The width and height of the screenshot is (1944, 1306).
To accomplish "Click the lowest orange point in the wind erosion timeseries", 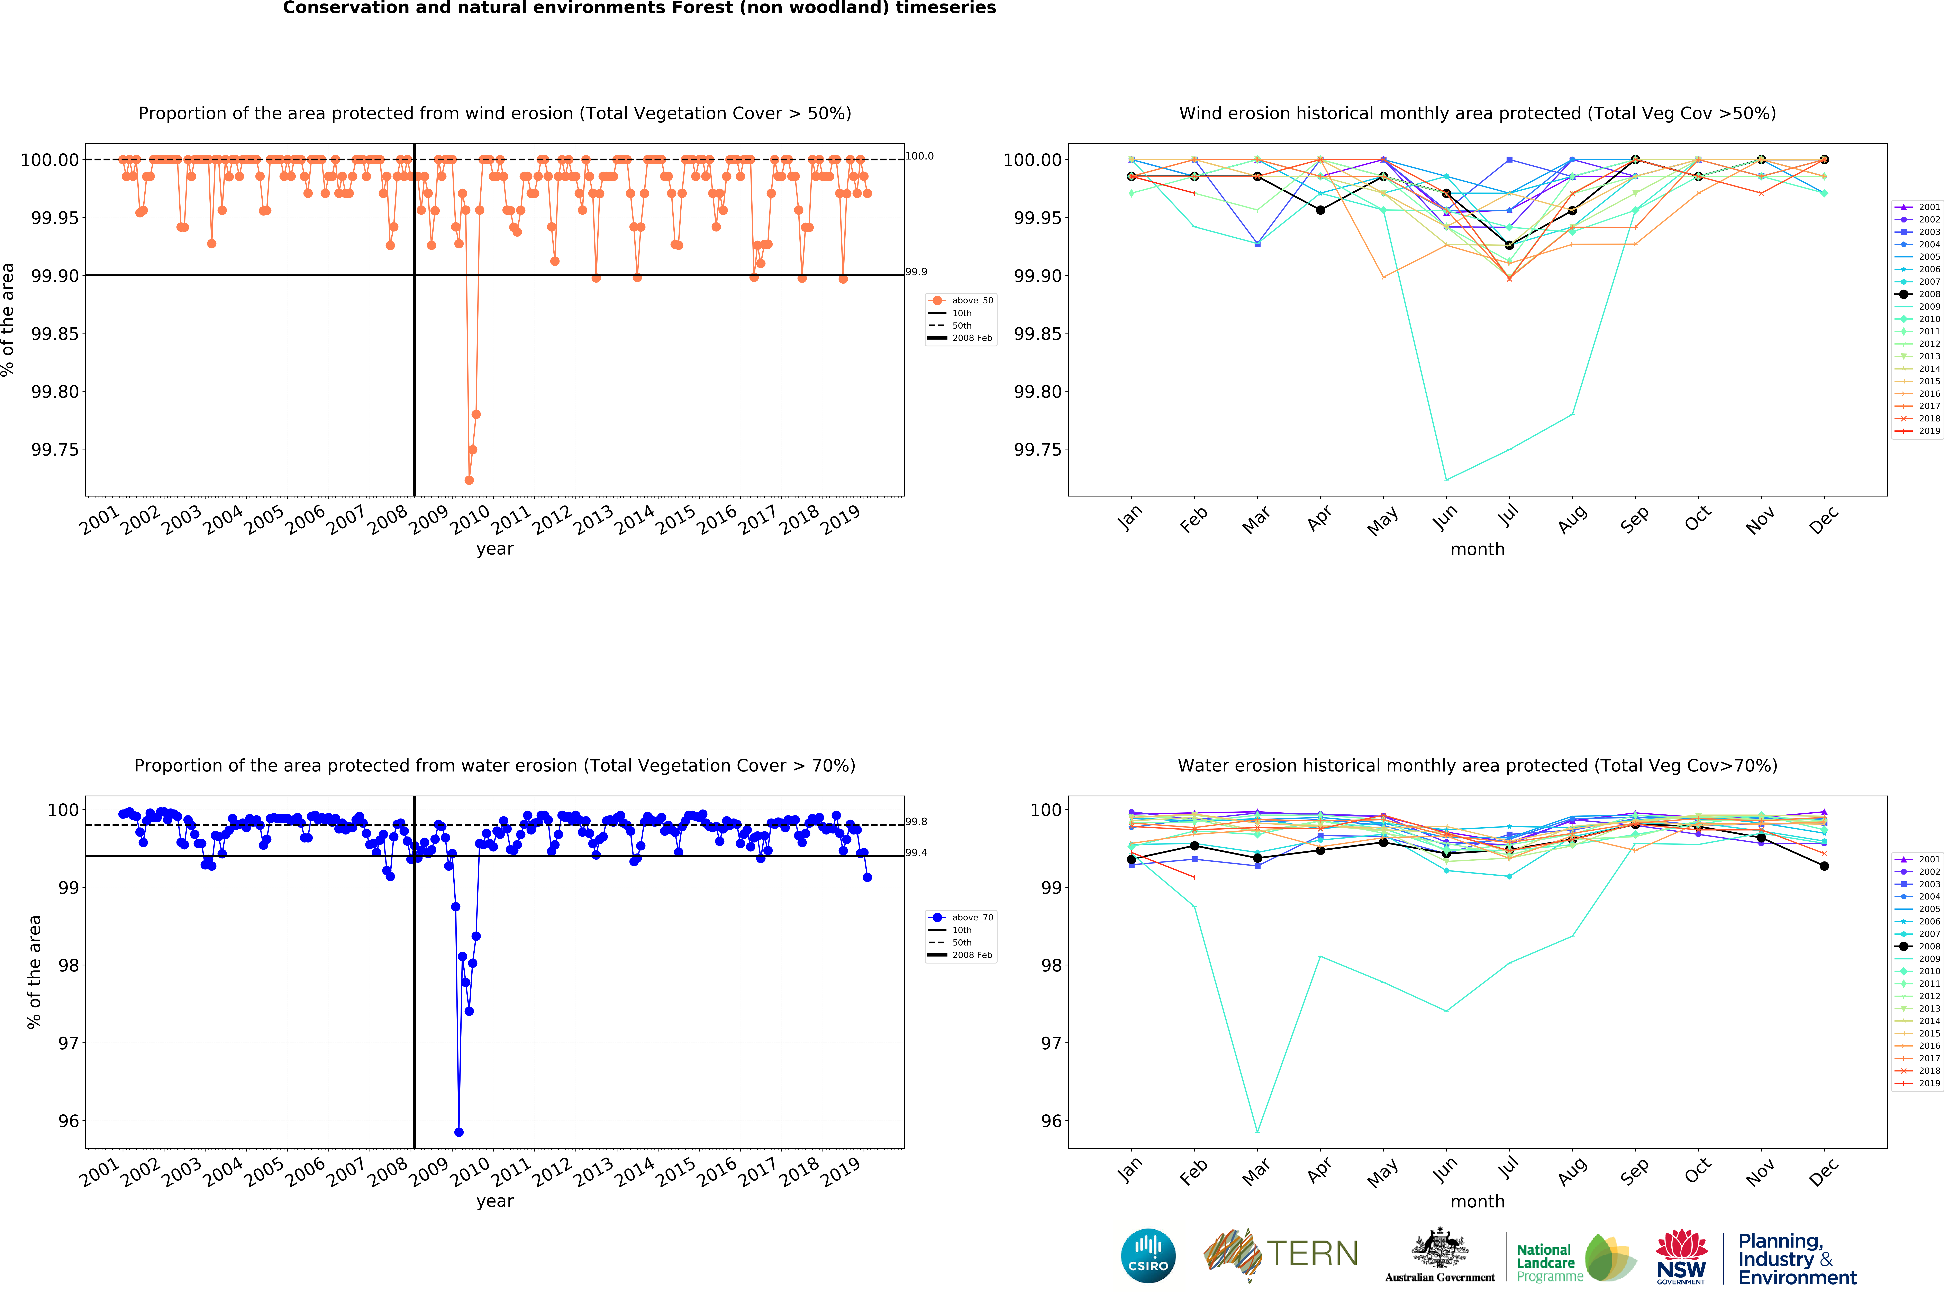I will pos(469,480).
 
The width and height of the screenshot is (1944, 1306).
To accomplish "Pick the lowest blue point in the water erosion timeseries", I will pos(459,1132).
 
